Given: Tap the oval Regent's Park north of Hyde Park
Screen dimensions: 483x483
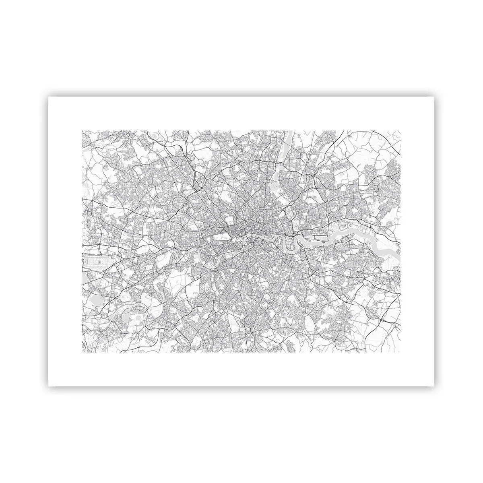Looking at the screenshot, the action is tap(228, 220).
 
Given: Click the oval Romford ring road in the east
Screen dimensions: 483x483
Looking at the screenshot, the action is tap(378, 188).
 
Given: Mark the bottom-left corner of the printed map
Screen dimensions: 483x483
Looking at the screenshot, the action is tap(82, 352).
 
